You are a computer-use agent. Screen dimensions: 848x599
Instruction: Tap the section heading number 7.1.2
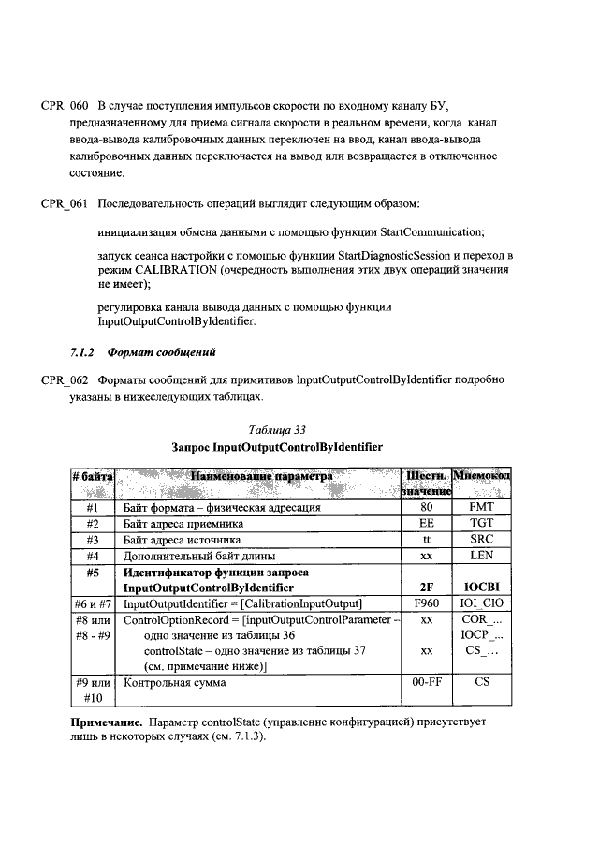pos(84,352)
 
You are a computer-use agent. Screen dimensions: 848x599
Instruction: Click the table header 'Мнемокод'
pos(481,477)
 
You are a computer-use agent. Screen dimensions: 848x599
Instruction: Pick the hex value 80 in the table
pos(426,507)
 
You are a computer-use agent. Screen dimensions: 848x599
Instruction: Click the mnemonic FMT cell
pos(481,507)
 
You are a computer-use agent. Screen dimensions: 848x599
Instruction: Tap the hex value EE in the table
pos(426,524)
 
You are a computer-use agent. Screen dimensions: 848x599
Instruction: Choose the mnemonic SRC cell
pos(481,541)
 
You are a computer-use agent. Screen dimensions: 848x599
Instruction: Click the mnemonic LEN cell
pos(481,558)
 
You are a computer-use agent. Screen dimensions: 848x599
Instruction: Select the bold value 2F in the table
pos(426,588)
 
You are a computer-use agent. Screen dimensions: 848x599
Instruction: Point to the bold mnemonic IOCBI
pos(481,588)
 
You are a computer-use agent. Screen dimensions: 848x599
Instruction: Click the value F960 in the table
pos(426,604)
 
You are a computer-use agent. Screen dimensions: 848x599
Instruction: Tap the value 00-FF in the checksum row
pos(426,683)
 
